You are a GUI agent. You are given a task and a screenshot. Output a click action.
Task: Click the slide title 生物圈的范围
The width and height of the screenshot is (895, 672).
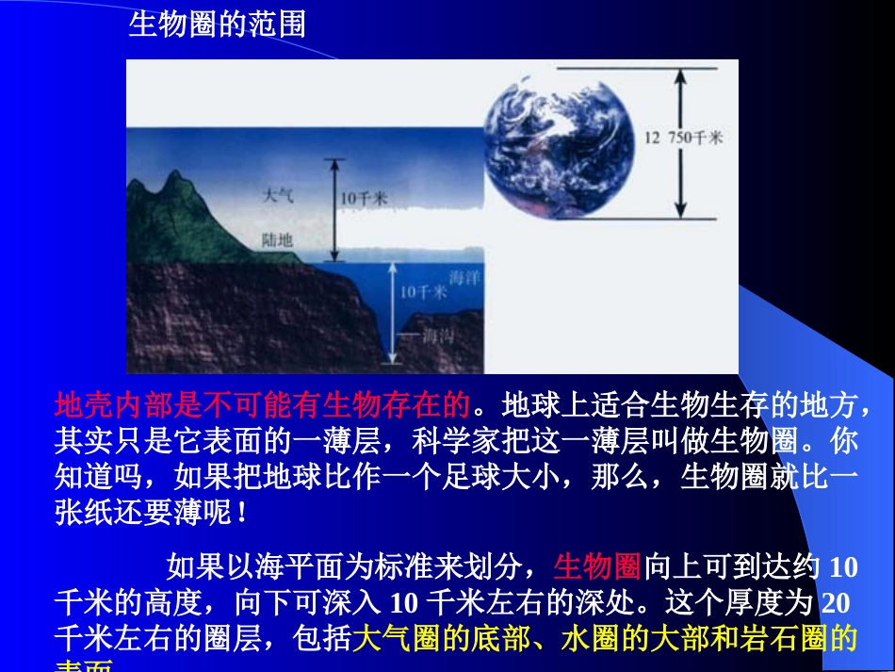pyautogui.click(x=217, y=23)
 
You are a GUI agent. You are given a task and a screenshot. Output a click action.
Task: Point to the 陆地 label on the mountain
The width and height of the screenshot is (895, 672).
pyautogui.click(x=278, y=240)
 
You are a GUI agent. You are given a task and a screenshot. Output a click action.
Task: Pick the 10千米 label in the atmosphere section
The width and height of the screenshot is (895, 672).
pyautogui.click(x=364, y=198)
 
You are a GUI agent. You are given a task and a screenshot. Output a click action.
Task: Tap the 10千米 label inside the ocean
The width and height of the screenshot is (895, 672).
pyautogui.click(x=422, y=292)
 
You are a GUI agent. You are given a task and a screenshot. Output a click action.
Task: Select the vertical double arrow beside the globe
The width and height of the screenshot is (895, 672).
pyautogui.click(x=678, y=141)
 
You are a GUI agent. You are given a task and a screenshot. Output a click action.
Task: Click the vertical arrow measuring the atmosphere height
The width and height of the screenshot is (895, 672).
pyautogui.click(x=331, y=209)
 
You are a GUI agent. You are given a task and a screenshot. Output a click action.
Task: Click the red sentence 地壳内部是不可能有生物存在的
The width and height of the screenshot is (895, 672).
pyautogui.click(x=263, y=405)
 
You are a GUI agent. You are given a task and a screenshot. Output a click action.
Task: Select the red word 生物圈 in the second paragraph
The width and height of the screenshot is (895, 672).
pyautogui.click(x=597, y=566)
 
